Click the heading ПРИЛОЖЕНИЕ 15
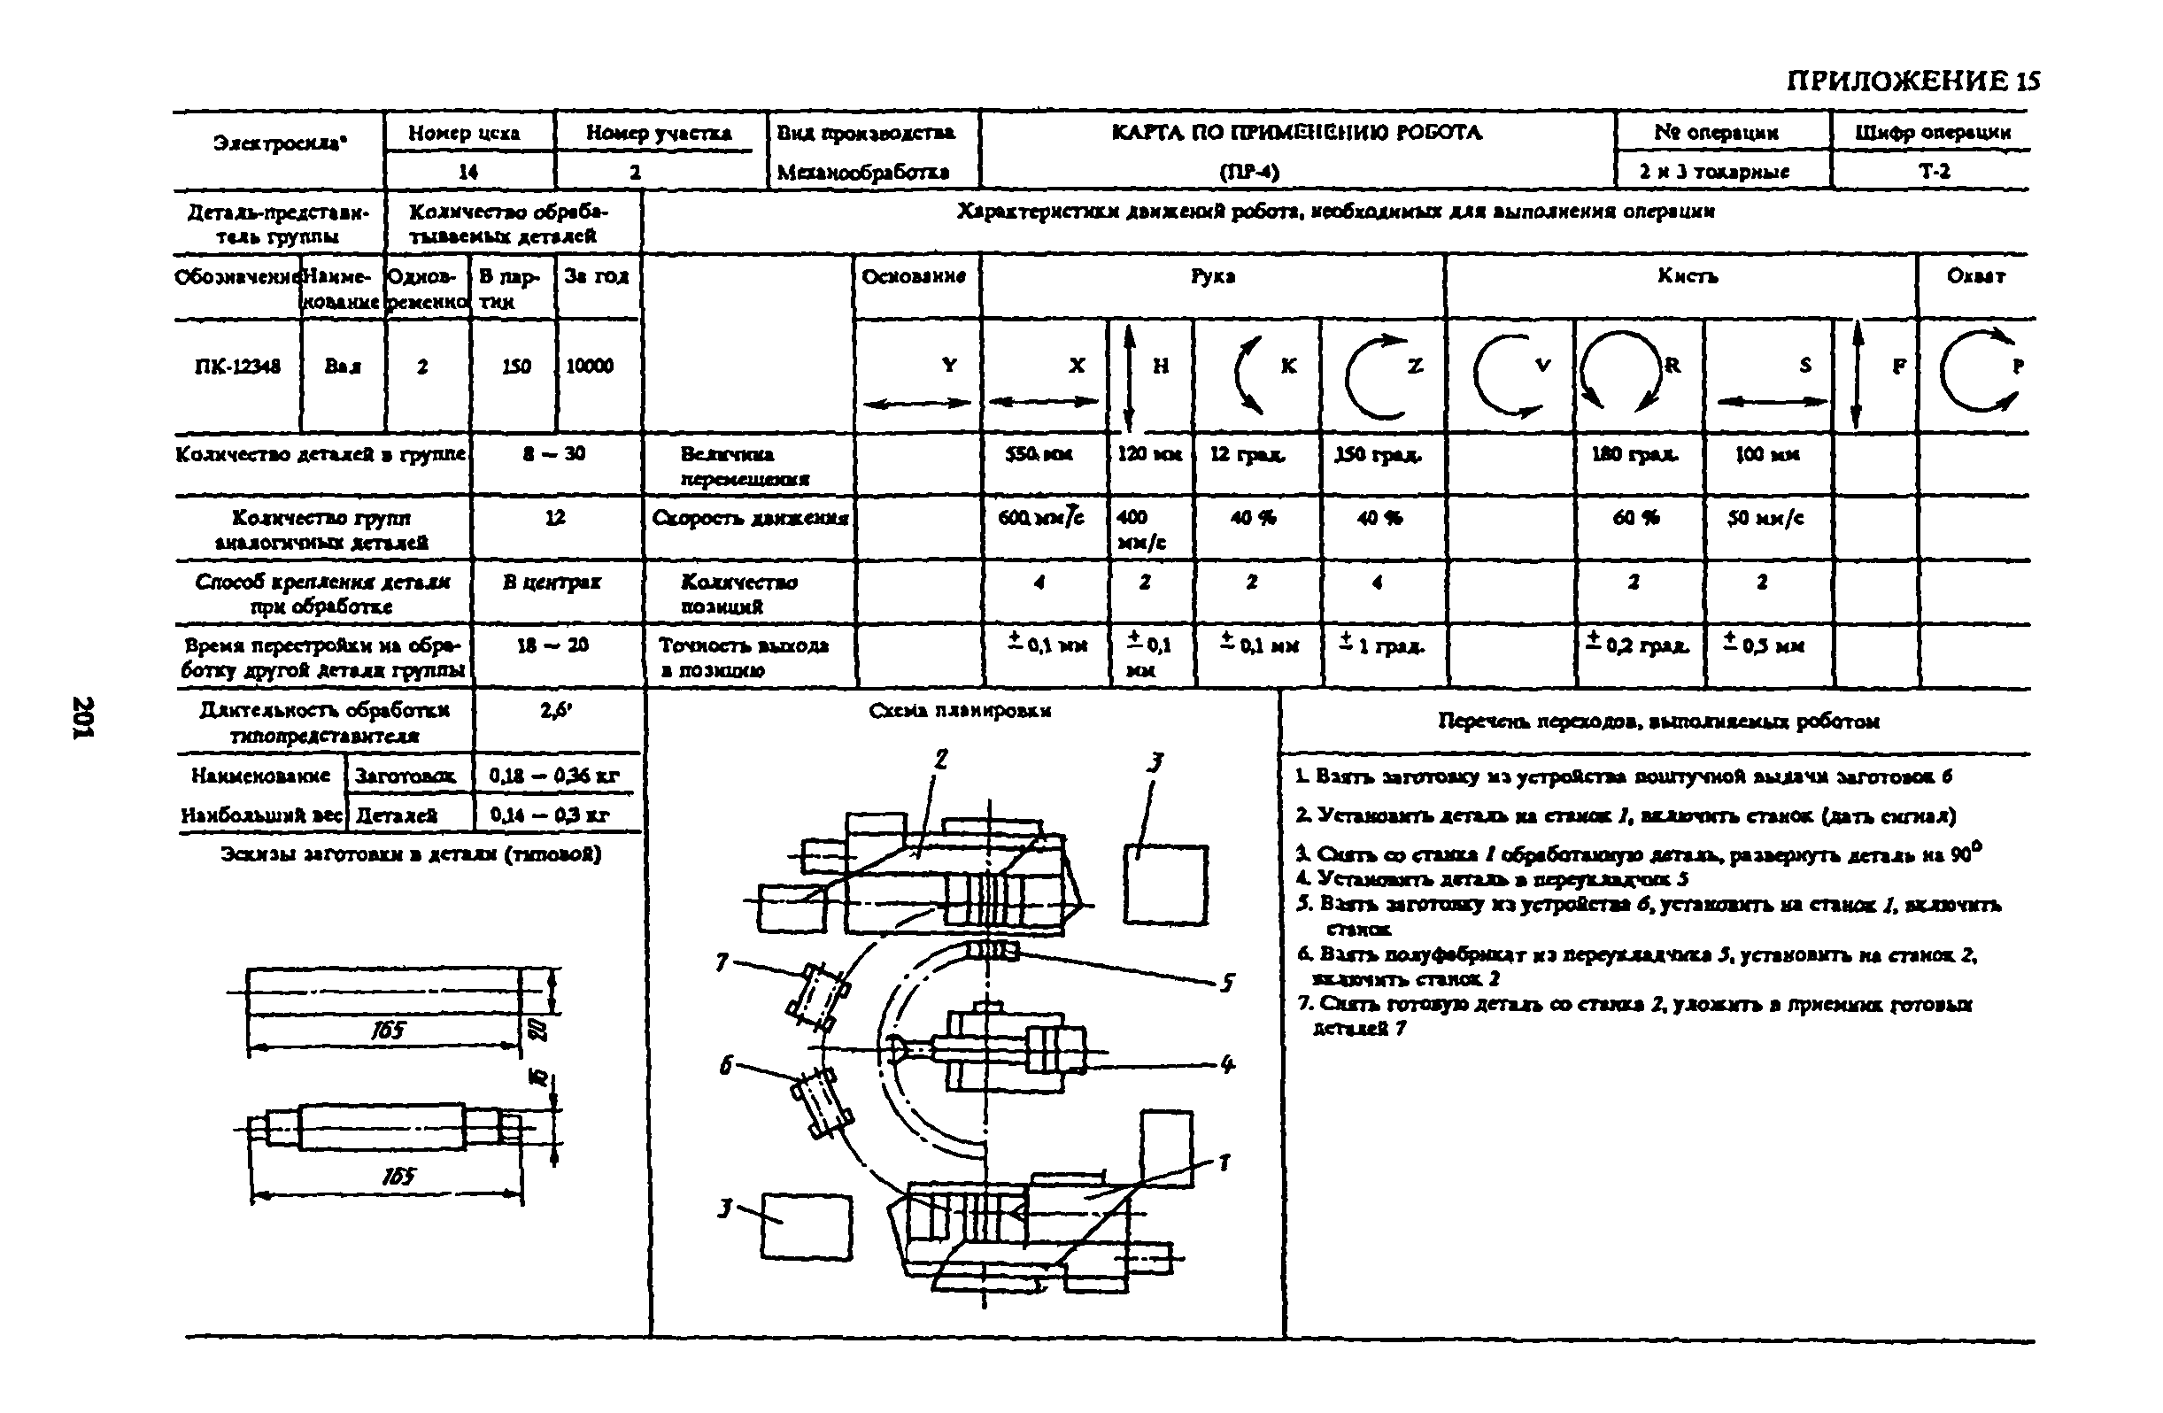click(1912, 81)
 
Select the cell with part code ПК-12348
click(237, 367)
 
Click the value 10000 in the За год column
click(590, 367)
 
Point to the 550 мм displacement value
click(1038, 453)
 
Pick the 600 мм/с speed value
click(1040, 517)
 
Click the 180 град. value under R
click(1634, 453)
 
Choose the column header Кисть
click(1687, 276)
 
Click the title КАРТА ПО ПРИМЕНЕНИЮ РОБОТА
click(1297, 133)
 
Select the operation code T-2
click(1934, 172)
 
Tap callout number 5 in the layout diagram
click(1227, 984)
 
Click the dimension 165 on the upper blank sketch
click(388, 1031)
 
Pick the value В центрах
click(552, 583)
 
